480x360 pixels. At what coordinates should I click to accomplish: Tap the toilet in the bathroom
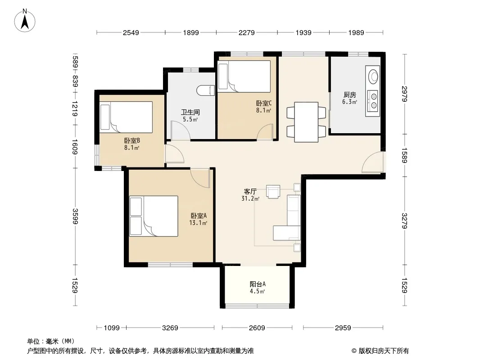pyautogui.click(x=205, y=90)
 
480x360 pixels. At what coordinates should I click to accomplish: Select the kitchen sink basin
pyautogui.click(x=372, y=76)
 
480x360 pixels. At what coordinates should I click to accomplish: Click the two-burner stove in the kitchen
pyautogui.click(x=373, y=101)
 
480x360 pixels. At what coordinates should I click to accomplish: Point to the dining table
pyautogui.click(x=306, y=122)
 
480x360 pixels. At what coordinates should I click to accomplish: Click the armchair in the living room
pyautogui.click(x=273, y=192)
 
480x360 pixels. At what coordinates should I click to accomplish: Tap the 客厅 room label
pyautogui.click(x=250, y=192)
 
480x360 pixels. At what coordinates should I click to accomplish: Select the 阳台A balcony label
pyautogui.click(x=258, y=284)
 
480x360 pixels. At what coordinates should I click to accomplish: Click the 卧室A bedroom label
pyautogui.click(x=199, y=216)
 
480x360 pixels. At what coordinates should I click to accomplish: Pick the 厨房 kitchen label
pyautogui.click(x=349, y=95)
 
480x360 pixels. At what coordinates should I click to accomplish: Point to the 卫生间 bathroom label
pyautogui.click(x=190, y=112)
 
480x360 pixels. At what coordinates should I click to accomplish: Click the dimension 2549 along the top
pyautogui.click(x=131, y=32)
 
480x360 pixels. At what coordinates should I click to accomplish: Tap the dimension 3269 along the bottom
pyautogui.click(x=170, y=328)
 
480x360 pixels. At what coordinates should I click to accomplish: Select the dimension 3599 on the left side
pyautogui.click(x=75, y=216)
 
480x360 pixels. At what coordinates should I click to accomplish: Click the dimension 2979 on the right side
pyautogui.click(x=404, y=94)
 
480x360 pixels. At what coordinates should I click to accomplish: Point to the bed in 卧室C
pyautogui.click(x=244, y=76)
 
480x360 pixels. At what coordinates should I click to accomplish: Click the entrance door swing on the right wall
pyautogui.click(x=372, y=162)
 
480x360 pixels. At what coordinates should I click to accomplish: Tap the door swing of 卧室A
pyautogui.click(x=200, y=177)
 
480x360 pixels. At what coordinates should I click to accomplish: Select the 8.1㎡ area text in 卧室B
pyautogui.click(x=131, y=148)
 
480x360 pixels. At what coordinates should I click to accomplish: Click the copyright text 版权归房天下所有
pyautogui.click(x=384, y=351)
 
